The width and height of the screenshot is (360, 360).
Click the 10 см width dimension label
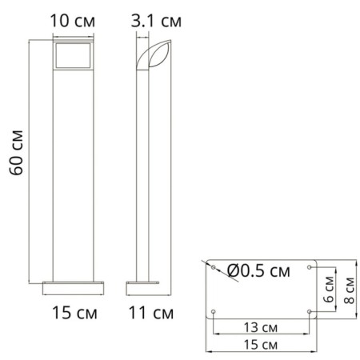[72, 21]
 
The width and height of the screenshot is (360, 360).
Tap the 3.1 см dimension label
[156, 21]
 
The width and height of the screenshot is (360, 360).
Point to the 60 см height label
[17, 153]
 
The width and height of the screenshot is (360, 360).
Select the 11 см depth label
[151, 313]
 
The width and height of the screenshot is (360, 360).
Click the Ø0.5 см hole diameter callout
[258, 271]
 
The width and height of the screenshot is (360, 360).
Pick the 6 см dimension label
[329, 290]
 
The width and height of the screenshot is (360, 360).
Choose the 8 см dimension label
[349, 290]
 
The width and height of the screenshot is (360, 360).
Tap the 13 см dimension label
[261, 327]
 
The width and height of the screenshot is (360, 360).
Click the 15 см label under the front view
[74, 313]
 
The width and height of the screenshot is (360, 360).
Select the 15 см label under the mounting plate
[261, 345]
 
